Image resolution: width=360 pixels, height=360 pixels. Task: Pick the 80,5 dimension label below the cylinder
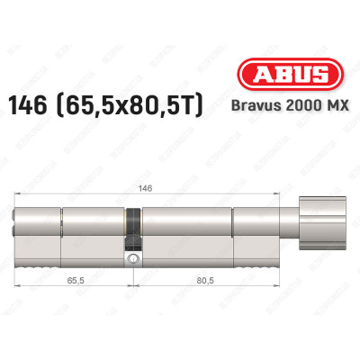(209, 280)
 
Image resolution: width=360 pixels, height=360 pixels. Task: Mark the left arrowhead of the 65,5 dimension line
(21, 287)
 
